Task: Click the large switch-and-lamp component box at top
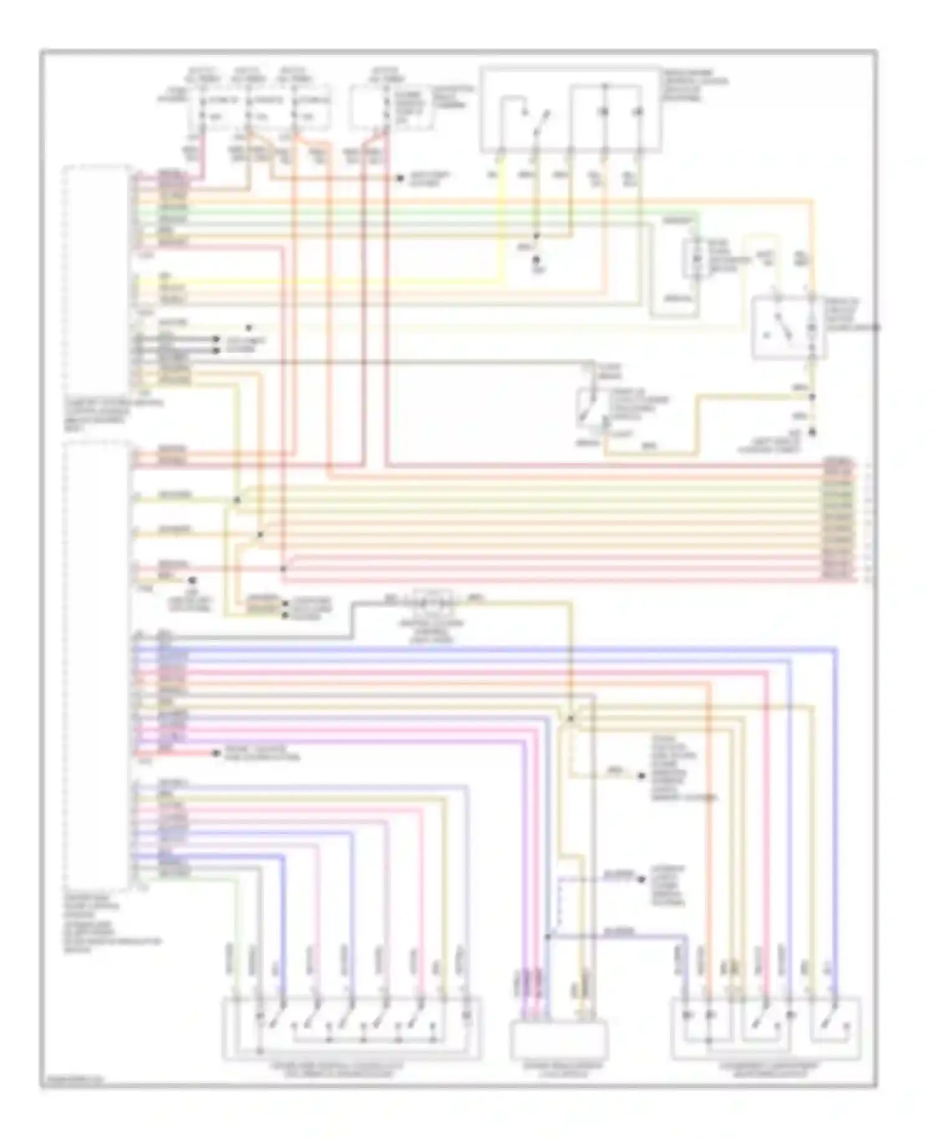[570, 111]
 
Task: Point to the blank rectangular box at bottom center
[559, 1040]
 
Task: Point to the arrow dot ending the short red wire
[216, 754]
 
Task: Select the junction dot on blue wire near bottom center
[548, 936]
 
